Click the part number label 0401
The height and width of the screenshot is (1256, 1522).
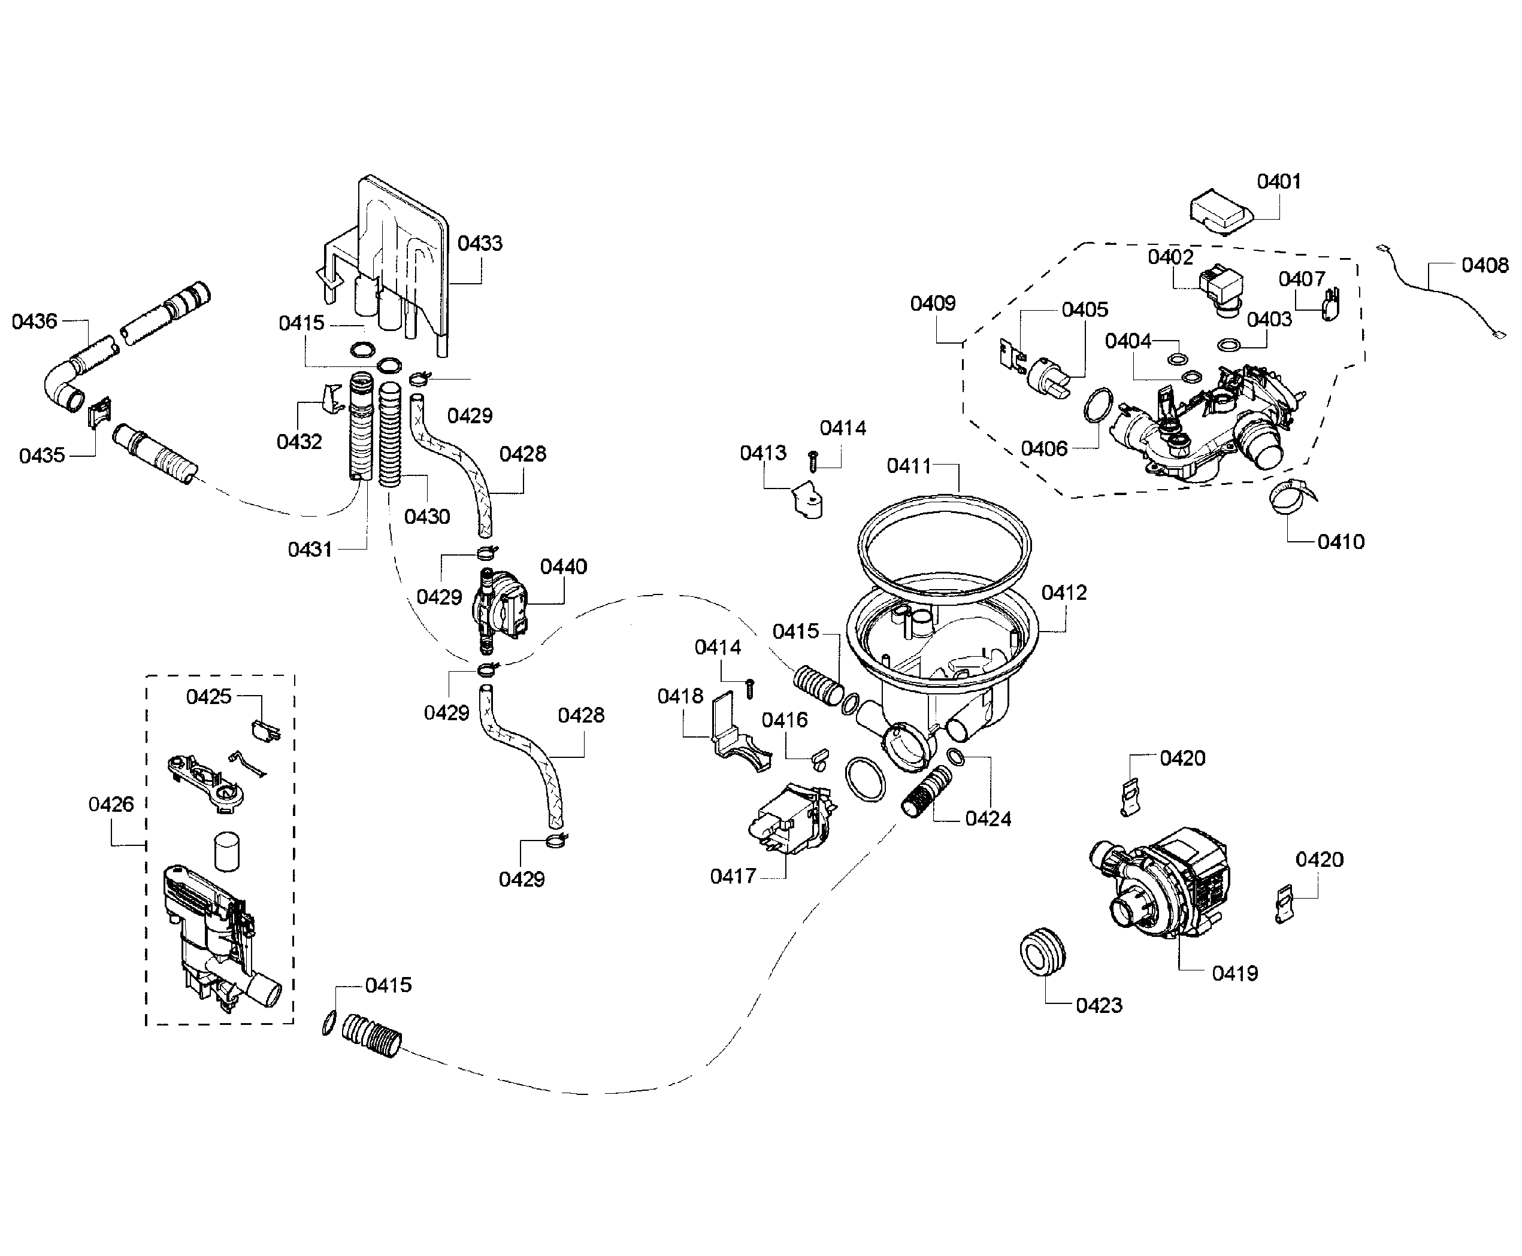1278,181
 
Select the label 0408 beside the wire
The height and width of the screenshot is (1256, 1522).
1484,266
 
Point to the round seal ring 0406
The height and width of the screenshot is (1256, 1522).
1098,405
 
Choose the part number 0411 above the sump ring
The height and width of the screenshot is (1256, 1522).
909,466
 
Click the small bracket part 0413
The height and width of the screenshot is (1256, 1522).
807,500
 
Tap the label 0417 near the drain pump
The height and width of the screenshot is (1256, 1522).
733,876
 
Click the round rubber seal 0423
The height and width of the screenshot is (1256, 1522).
1043,954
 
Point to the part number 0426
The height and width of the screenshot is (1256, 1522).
111,804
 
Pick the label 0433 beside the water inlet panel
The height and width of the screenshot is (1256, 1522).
480,243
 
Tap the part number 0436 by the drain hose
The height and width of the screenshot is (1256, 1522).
34,321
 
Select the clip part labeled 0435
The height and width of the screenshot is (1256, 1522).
99,414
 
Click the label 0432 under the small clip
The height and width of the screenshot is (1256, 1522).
299,441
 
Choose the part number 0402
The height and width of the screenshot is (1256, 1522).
1170,257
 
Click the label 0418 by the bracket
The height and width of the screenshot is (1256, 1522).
680,696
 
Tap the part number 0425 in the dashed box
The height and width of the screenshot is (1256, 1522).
208,696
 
